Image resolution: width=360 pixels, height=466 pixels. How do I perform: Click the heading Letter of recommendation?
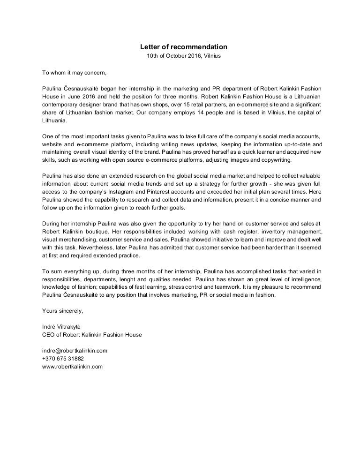click(184, 47)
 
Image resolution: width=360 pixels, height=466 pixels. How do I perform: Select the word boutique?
click(90, 232)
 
